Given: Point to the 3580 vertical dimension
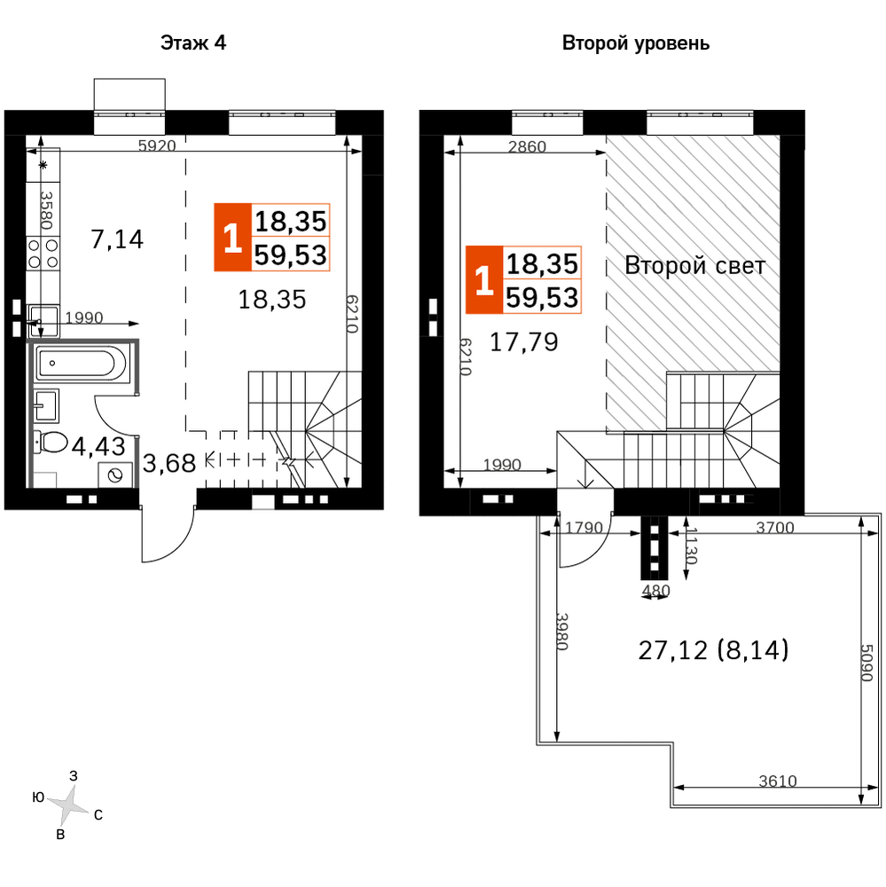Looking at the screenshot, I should pos(48,210).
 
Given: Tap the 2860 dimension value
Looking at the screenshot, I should pos(527,146).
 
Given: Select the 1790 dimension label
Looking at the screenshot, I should pos(584,528).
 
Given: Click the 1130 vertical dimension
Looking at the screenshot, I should pos(691,546).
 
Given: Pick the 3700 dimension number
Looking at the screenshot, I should pos(774,528).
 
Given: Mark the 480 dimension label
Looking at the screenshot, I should pos(655,590).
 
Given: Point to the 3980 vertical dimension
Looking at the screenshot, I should pos(561,632).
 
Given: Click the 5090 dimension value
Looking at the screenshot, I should pos(866,663).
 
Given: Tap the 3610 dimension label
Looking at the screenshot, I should pos(777,781).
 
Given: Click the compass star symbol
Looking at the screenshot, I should pos(68,805).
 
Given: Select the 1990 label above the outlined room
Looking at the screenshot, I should pos(84,318).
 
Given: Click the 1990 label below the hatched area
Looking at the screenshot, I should pos(502,464).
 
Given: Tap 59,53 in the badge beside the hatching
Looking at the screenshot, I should pos(542,298).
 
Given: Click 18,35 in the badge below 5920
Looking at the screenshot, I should pos(291,222).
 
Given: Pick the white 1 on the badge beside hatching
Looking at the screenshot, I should pos(483,281).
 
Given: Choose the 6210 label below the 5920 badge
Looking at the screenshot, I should pos(352,314).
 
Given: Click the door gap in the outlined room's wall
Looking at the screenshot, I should pos(137,415).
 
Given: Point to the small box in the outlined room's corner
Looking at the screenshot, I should pos(45,479).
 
